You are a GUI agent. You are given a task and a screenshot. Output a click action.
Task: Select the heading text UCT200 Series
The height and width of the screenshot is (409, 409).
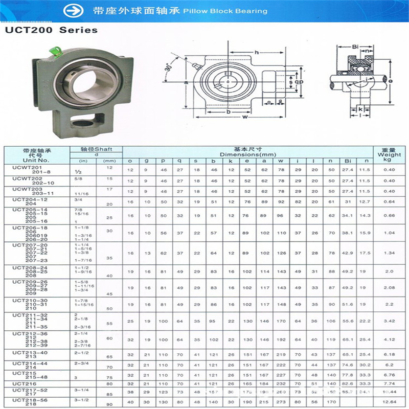[51, 30]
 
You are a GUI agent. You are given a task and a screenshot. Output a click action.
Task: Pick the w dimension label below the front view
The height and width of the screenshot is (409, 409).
[246, 117]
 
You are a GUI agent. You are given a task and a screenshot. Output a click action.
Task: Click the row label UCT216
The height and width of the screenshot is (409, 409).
[25, 383]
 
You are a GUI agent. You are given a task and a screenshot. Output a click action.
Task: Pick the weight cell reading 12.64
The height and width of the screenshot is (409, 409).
[389, 402]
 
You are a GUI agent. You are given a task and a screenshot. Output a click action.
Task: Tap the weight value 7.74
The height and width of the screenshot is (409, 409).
[389, 383]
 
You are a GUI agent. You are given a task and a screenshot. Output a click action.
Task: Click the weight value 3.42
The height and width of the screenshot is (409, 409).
[389, 321]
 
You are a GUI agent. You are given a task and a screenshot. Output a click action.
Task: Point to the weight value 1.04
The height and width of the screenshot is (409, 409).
[389, 232]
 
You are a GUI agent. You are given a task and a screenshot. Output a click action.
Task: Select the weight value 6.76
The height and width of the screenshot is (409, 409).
[389, 374]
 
